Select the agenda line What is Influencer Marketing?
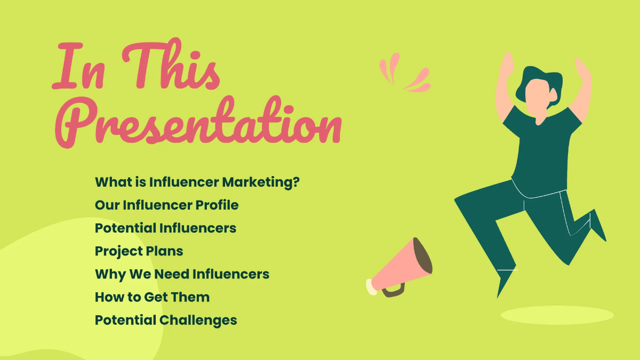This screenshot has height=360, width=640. [x=197, y=182]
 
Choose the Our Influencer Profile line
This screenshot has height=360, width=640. [x=166, y=205]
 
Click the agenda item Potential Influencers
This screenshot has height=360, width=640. [x=165, y=228]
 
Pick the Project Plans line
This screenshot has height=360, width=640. [x=139, y=251]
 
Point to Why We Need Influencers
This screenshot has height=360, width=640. [x=182, y=274]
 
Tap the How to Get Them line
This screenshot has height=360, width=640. [x=152, y=297]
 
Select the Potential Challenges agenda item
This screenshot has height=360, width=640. [x=166, y=321]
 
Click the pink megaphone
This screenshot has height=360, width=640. [x=397, y=269]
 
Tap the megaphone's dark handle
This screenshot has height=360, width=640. [x=393, y=291]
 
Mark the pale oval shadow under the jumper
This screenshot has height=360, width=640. [x=557, y=315]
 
